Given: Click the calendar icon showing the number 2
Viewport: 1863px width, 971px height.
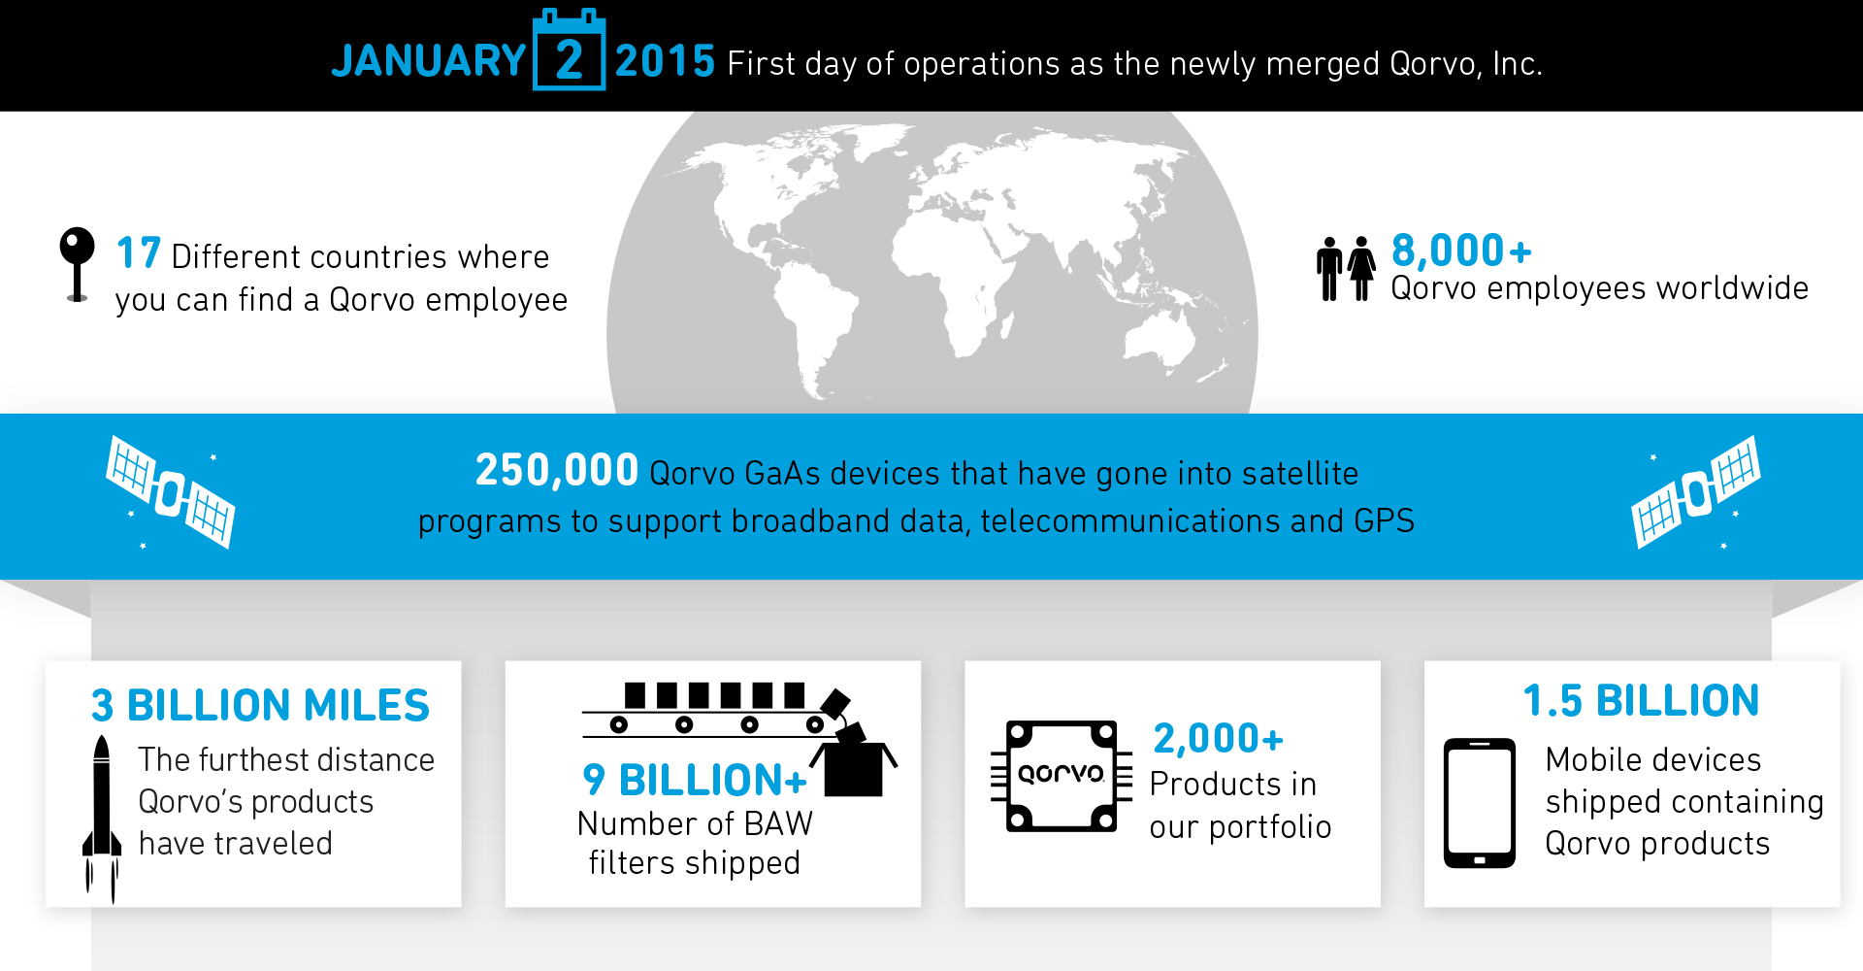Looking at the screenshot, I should [x=569, y=52].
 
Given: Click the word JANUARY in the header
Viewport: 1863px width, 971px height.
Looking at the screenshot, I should [x=428, y=61].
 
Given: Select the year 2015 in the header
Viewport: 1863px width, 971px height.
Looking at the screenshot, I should [x=665, y=61].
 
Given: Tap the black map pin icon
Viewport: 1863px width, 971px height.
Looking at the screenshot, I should [x=77, y=262].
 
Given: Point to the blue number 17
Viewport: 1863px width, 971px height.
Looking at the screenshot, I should [x=138, y=253].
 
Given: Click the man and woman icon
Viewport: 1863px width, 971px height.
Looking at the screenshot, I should [x=1345, y=268].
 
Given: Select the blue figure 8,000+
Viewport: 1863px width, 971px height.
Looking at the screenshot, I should [x=1460, y=251].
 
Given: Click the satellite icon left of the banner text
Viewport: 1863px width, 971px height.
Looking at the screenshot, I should [x=171, y=492].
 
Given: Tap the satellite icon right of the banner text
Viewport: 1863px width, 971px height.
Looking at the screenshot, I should [x=1696, y=491].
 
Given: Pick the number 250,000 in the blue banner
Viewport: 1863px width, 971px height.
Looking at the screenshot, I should [x=556, y=471].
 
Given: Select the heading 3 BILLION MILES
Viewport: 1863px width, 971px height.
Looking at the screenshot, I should [x=260, y=706].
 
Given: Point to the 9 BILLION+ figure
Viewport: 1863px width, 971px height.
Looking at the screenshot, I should [x=694, y=780].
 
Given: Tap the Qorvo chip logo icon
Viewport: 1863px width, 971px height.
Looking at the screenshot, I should [x=1061, y=775].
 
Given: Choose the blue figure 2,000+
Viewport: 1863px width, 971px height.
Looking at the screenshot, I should [x=1218, y=739].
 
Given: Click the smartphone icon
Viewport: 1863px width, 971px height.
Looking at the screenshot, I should [x=1479, y=803].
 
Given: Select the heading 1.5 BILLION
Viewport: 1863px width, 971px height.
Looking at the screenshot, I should [x=1641, y=701].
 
